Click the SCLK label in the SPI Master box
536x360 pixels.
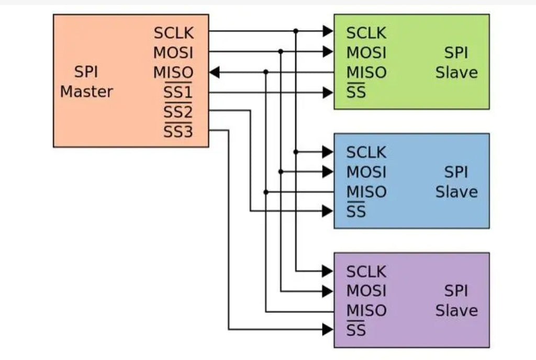coord(173,33)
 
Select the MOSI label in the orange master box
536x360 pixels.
coord(173,53)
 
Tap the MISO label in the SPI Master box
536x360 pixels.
coord(173,73)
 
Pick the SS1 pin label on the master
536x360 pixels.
coord(177,93)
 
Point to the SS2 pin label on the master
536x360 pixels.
coord(177,112)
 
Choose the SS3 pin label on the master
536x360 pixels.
coord(177,132)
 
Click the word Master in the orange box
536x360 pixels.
coord(86,92)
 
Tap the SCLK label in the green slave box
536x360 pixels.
coord(366,33)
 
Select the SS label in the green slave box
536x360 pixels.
coord(356,93)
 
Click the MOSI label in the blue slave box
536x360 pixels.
coord(366,172)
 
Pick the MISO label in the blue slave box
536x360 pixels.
coord(366,192)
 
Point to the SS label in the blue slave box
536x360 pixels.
coord(356,212)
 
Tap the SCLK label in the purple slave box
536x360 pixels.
coord(366,272)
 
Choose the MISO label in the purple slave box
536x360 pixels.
coord(366,311)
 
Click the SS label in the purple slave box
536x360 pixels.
coord(356,331)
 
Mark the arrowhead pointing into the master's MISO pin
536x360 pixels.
coord(214,72)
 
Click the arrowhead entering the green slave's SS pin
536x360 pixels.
coord(328,93)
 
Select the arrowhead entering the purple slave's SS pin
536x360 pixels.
coord(328,330)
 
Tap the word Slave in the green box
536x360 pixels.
coord(456,73)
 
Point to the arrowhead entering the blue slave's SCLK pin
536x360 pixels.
coord(328,152)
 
